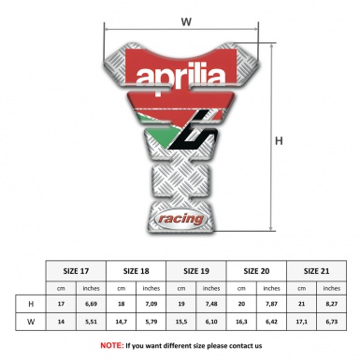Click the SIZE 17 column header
click(77, 270)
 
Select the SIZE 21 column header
click(316, 270)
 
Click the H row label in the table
click(32, 305)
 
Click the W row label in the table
click(32, 323)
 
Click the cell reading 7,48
click(212, 305)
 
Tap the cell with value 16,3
click(242, 323)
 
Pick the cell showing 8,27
click(331, 305)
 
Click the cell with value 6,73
click(331, 323)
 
